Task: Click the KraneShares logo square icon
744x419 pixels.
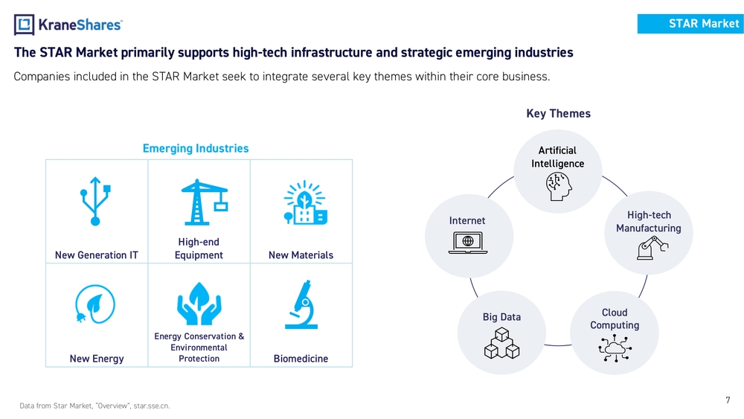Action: point(24,25)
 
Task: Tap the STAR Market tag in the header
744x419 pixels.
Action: point(690,24)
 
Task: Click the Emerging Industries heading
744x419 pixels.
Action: point(196,149)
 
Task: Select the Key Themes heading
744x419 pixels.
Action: point(558,114)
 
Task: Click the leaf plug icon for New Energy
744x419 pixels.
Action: point(95,305)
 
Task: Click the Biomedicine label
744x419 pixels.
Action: point(301,359)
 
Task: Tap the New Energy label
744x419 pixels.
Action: point(97,359)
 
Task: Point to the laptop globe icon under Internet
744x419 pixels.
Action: point(467,243)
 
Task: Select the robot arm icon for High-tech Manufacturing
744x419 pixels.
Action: point(648,248)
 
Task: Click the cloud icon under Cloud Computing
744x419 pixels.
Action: point(615,347)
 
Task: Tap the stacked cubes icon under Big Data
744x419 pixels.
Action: point(501,343)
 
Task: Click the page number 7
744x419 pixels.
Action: point(728,401)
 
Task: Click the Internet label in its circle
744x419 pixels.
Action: point(467,220)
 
